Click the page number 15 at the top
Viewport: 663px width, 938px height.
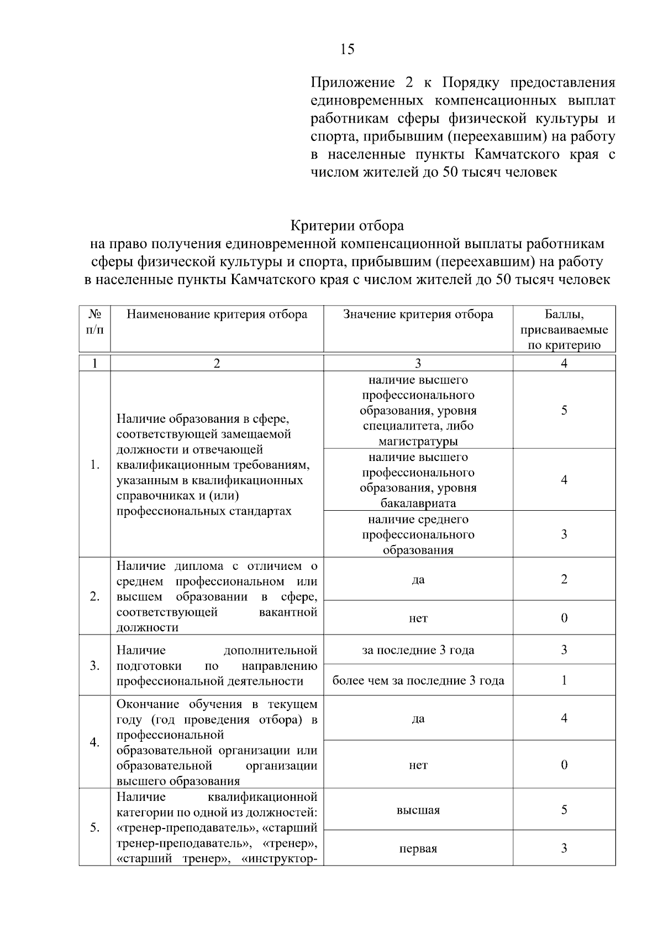coord(347,49)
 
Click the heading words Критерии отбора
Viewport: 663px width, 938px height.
coord(347,226)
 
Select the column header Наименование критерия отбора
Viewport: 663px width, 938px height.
coord(217,315)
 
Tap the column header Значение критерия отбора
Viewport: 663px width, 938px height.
coord(418,315)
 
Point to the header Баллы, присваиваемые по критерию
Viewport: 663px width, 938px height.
coord(564,330)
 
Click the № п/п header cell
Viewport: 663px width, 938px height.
coord(95,322)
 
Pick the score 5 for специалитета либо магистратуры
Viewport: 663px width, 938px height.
coord(564,410)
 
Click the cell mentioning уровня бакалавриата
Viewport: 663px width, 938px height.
coord(418,480)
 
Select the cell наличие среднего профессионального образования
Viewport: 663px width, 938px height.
coord(418,534)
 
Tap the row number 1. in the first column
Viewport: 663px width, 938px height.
coord(95,465)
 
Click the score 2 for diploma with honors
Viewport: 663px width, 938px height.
coord(564,579)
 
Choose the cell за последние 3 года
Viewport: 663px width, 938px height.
coord(418,650)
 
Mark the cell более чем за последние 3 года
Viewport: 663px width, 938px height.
coord(418,680)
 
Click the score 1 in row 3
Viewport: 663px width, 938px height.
coord(564,680)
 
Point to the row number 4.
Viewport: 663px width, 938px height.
coord(95,742)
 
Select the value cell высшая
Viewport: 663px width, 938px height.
coord(418,810)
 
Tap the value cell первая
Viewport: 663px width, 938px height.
coord(418,848)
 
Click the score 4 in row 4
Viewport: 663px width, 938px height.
coord(564,719)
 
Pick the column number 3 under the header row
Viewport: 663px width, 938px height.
coord(418,363)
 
